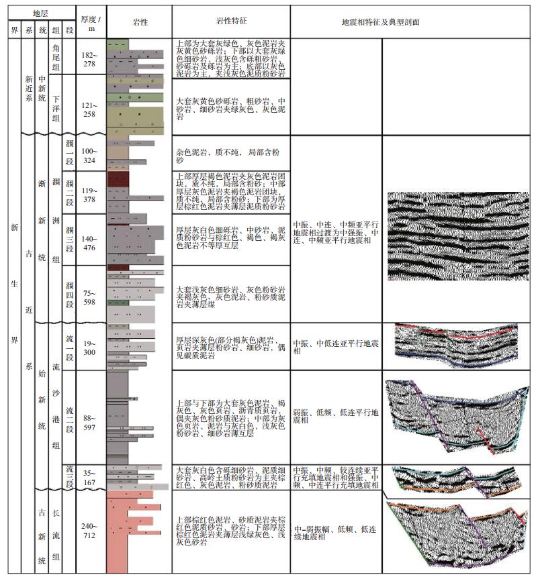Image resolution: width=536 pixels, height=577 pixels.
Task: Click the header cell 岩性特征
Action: click(x=230, y=22)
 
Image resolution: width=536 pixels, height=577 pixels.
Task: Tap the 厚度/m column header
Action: click(x=91, y=22)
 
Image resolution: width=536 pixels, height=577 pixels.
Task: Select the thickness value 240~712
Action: click(x=91, y=531)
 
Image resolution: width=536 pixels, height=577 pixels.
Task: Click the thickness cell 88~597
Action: click(x=91, y=418)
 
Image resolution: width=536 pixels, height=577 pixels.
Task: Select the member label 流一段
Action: click(x=70, y=348)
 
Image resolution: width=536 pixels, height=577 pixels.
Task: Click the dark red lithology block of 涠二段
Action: click(x=118, y=179)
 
